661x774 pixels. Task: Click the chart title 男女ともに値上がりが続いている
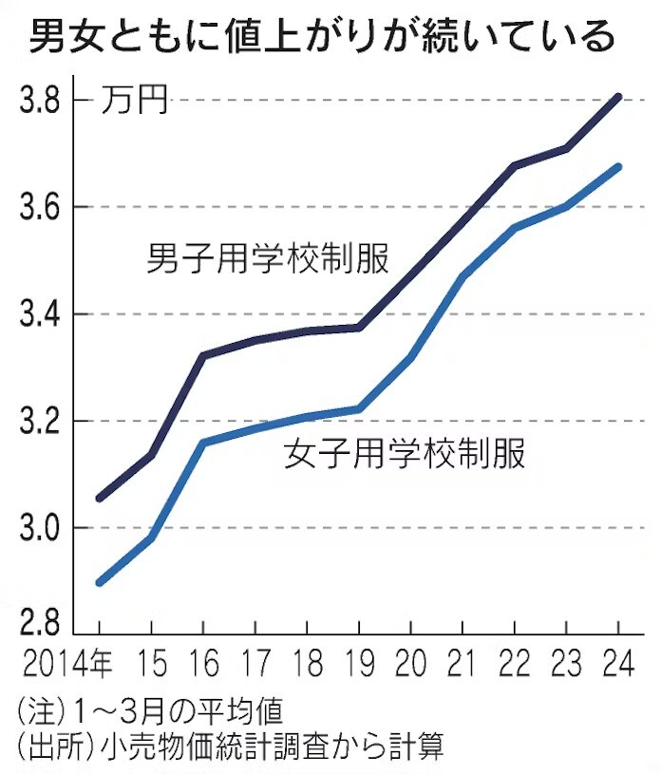pyautogui.click(x=322, y=38)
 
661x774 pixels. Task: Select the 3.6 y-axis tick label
pyautogui.click(x=42, y=207)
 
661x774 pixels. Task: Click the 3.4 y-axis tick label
pyautogui.click(x=42, y=314)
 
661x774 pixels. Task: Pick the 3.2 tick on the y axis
pyautogui.click(x=42, y=421)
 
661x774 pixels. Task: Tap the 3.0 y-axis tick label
pyautogui.click(x=42, y=528)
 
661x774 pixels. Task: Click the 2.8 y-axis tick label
pyautogui.click(x=42, y=625)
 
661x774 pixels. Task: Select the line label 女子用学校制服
pyautogui.click(x=405, y=454)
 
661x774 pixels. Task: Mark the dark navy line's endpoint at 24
pyautogui.click(x=618, y=97)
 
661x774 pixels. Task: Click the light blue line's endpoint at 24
pyautogui.click(x=618, y=167)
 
